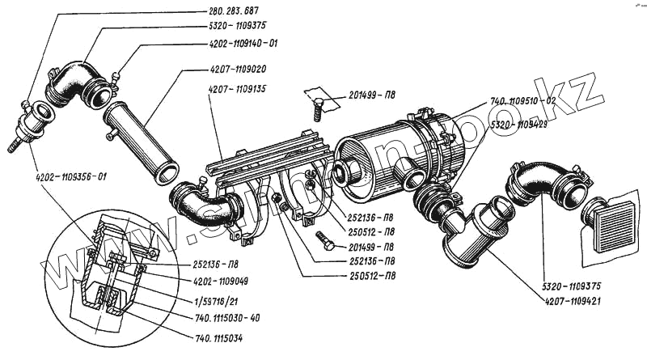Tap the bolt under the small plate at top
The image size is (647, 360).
(317, 108)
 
